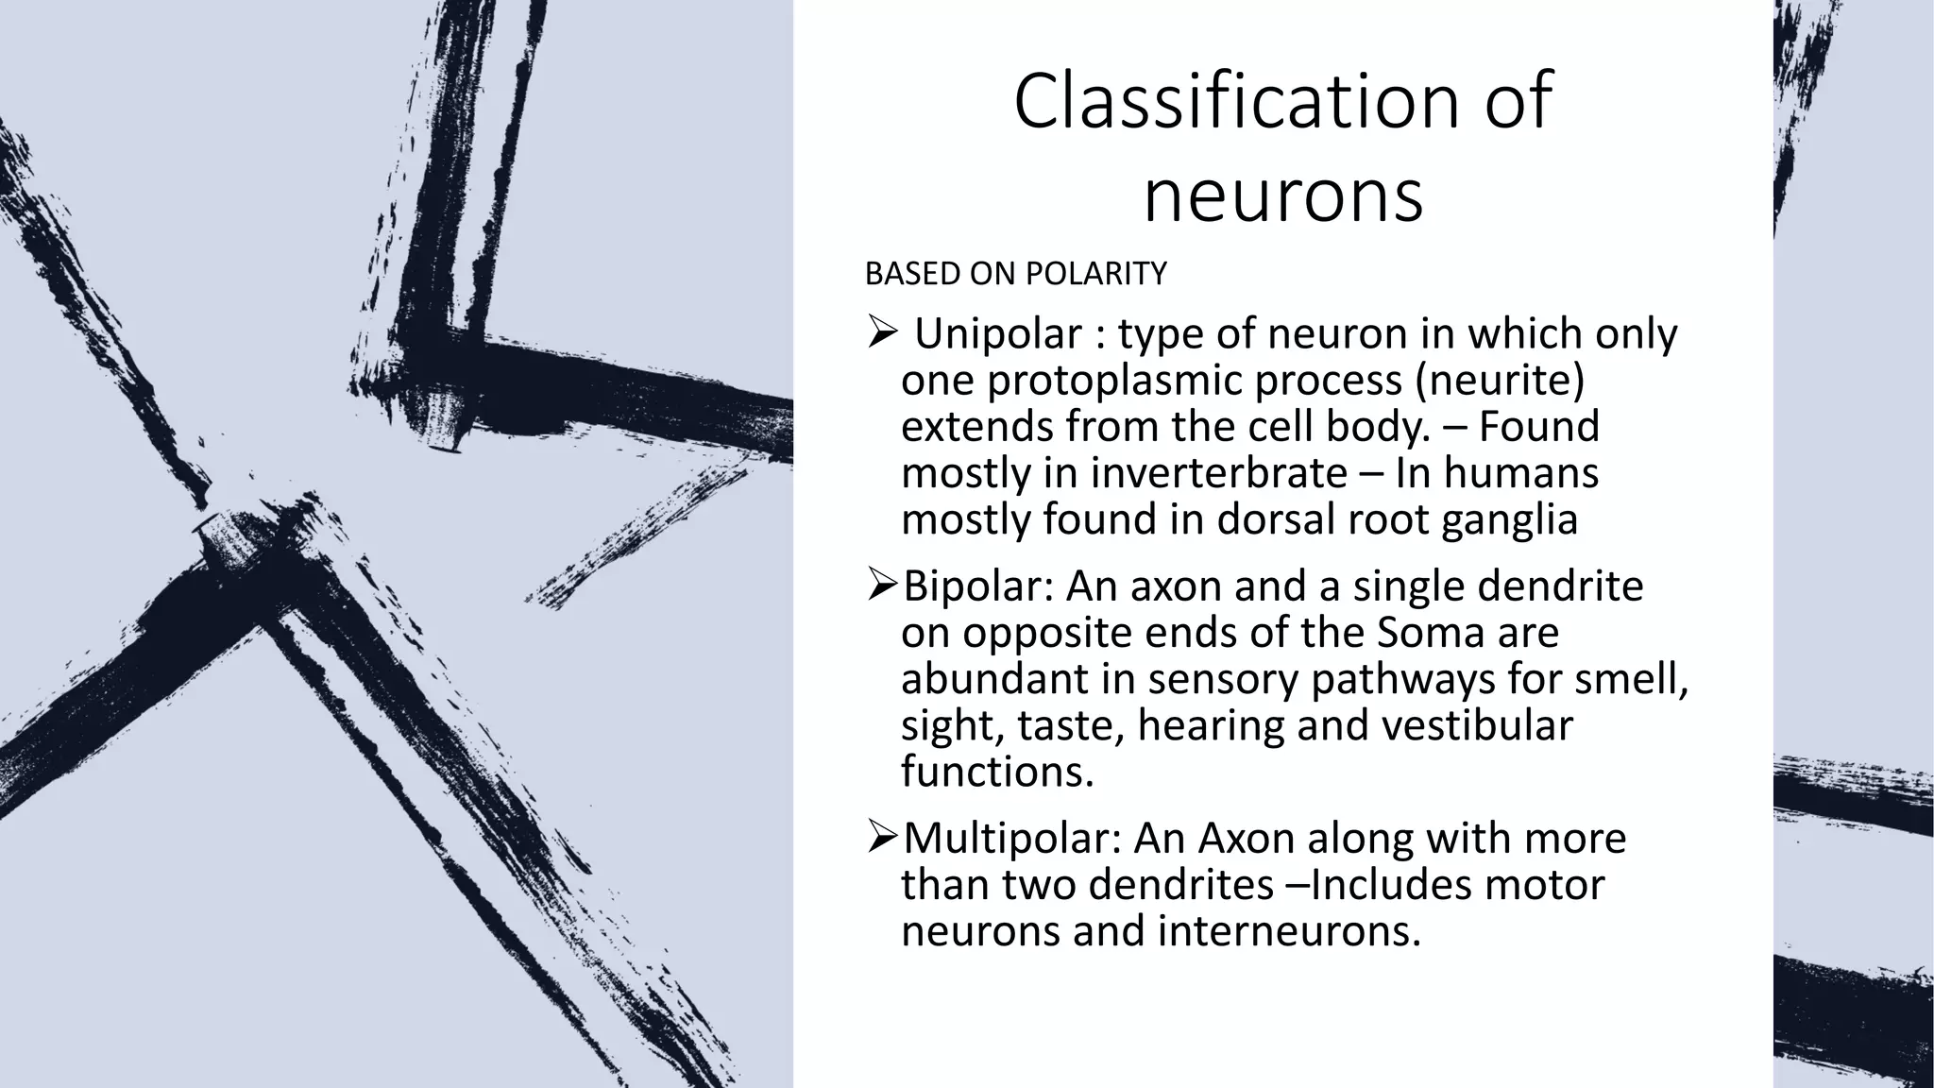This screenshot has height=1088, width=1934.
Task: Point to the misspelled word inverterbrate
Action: pos(1219,472)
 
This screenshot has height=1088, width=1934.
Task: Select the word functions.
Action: pos(997,772)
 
